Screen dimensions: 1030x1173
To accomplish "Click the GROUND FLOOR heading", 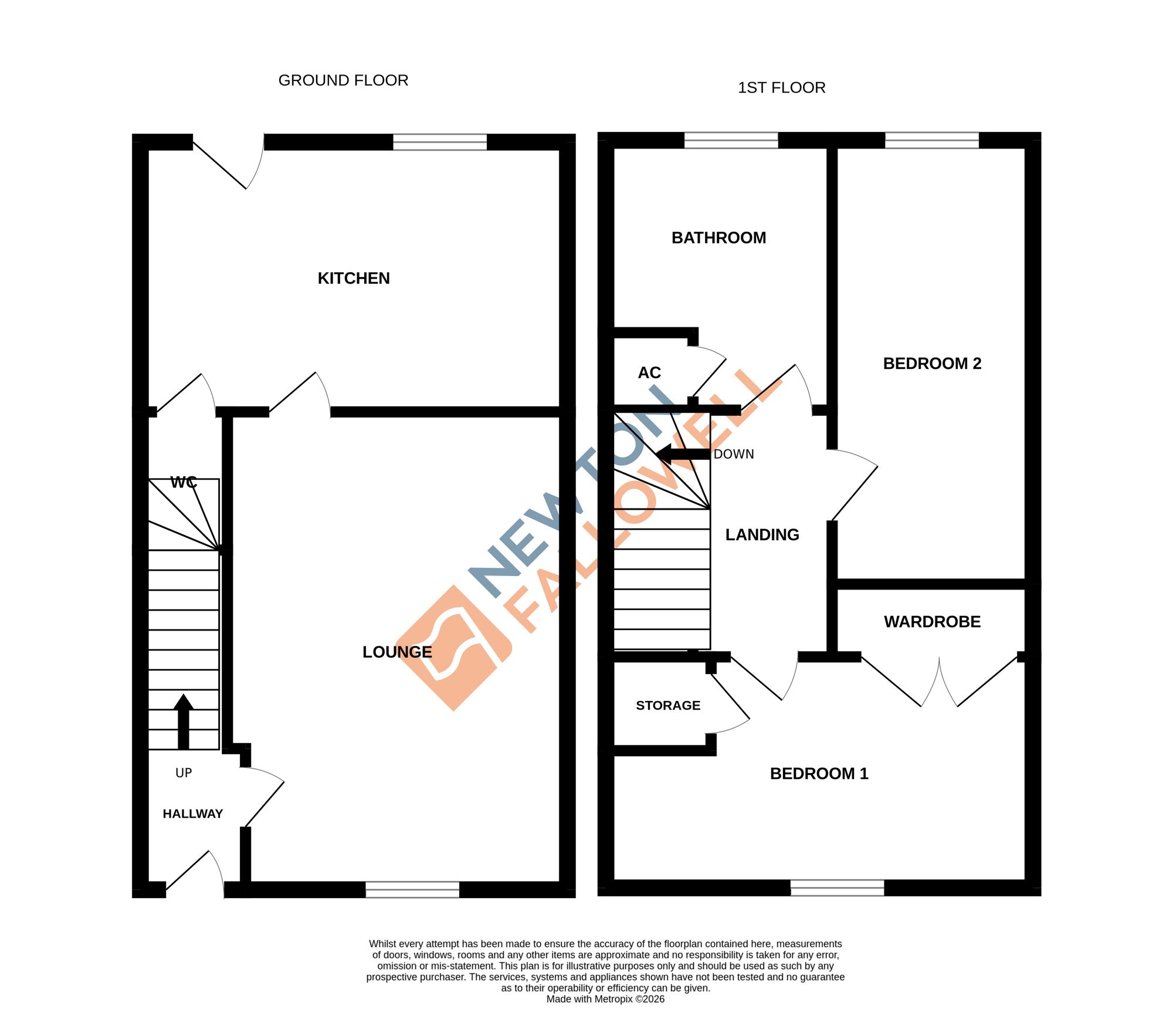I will (x=343, y=80).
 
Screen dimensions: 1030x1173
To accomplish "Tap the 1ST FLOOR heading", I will (x=781, y=88).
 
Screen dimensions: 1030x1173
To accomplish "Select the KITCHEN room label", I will (x=354, y=278).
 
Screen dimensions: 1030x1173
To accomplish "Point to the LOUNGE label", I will (x=397, y=652).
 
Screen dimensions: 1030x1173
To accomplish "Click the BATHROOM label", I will (x=718, y=238).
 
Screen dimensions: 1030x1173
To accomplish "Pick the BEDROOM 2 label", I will (x=932, y=364).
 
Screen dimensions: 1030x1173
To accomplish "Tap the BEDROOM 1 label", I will (x=819, y=774).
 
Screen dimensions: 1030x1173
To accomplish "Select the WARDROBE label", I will (x=932, y=622).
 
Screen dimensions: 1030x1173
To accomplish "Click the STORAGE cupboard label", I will (x=668, y=706).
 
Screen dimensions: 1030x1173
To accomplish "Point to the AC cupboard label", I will (x=649, y=372).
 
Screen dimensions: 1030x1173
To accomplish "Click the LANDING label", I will (x=762, y=535).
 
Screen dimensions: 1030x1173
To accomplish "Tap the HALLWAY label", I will (x=192, y=814).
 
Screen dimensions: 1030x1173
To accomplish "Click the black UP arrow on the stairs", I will (x=184, y=721).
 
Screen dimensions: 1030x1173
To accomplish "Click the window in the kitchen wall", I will (x=440, y=142).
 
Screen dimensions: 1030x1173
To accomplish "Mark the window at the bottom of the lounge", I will (x=412, y=890).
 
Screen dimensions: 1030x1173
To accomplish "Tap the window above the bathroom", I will (x=731, y=140).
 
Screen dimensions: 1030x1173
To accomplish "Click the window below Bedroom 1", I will (x=837, y=887).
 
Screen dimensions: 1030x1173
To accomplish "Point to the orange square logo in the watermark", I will (x=453, y=648).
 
